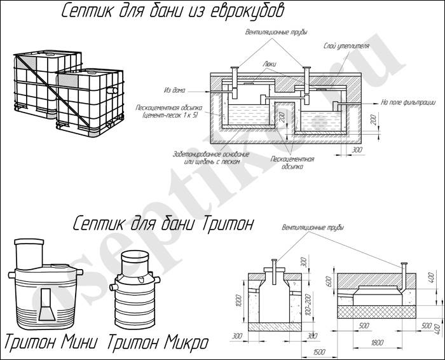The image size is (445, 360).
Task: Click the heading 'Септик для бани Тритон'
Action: point(163,224)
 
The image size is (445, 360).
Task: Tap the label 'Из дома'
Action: point(175,90)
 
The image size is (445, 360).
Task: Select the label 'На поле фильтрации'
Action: point(407,101)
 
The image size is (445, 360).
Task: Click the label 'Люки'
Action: point(268,64)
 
